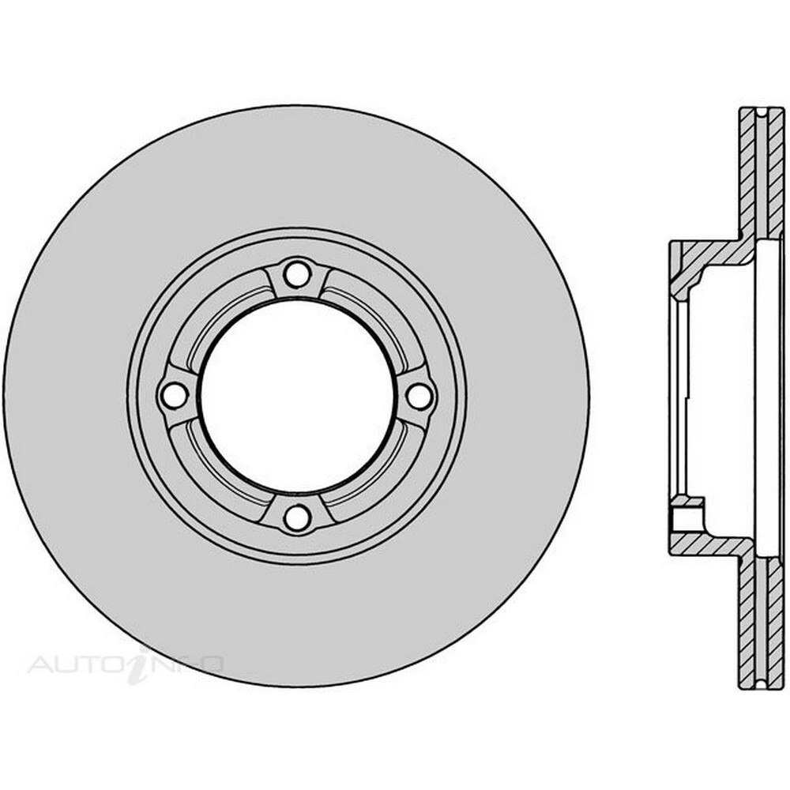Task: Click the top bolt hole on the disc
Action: point(296,274)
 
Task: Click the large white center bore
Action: point(296,396)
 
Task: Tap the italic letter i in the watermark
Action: point(141,664)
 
